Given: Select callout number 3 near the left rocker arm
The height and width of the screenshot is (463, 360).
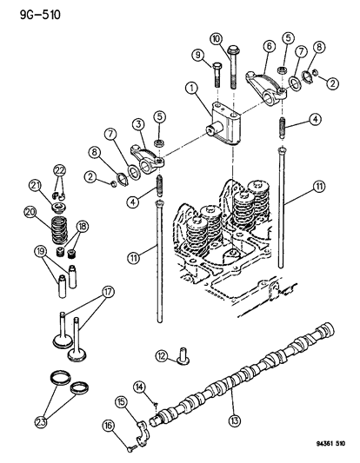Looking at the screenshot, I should [138, 126].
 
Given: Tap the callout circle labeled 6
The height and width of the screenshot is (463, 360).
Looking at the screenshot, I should [270, 46].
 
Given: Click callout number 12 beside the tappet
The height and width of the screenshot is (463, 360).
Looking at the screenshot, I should [162, 354].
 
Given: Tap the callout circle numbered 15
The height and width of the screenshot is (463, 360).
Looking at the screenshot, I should [122, 400].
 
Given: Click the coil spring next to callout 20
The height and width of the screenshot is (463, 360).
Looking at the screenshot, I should [59, 230].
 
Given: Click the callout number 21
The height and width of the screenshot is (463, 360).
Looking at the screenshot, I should [36, 184].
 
